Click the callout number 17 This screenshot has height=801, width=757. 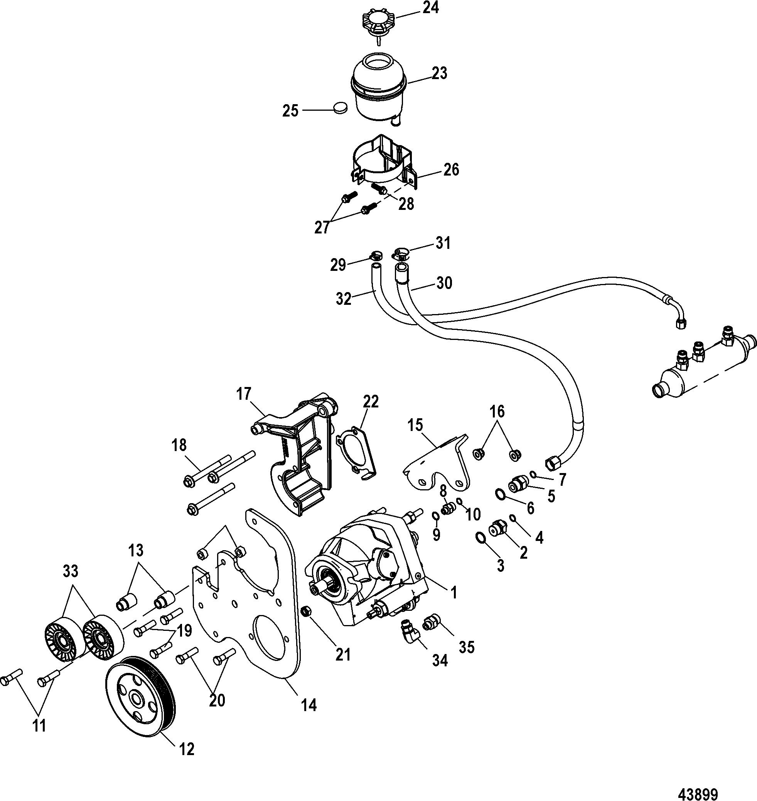(x=244, y=393)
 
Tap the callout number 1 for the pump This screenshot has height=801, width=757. (x=454, y=592)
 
